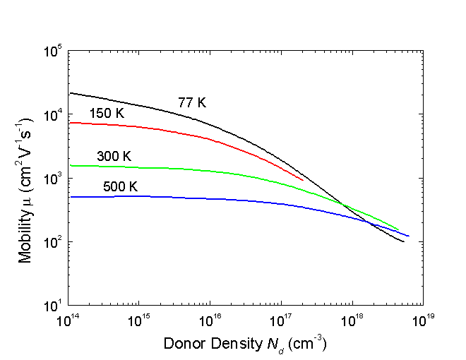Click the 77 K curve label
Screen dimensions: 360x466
192,103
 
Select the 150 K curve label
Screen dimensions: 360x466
107,114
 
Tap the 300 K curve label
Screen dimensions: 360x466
114,156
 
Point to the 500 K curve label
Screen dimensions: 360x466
114,187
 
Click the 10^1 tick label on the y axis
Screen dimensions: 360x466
54,306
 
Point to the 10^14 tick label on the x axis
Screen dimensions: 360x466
68,321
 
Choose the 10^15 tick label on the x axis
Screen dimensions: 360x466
139,321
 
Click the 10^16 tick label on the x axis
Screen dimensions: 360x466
210,321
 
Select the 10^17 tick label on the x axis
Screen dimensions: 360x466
281,321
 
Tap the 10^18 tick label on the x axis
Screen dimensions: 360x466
352,321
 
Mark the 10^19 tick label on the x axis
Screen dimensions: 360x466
422,321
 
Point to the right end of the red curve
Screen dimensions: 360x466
303,180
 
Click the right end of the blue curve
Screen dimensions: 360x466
409,236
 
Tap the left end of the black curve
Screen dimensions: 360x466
69,93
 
